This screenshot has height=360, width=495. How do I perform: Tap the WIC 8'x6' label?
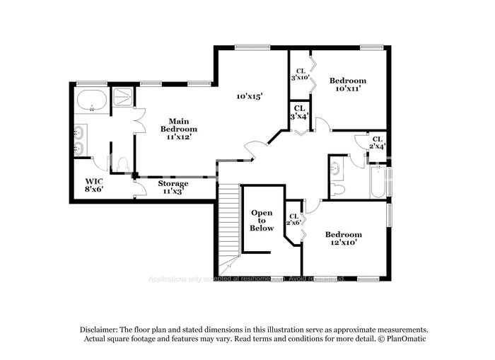94,185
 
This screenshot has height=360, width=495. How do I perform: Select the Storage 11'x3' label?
173,187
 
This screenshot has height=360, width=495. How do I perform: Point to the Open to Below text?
262,221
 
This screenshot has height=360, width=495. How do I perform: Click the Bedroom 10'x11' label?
348,85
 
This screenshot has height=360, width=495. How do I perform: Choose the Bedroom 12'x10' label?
343,238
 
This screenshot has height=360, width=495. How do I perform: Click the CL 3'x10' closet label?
300,74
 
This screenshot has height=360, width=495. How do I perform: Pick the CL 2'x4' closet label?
378,143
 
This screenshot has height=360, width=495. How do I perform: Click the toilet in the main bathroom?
122,164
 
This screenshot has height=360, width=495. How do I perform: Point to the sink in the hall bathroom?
335,168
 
